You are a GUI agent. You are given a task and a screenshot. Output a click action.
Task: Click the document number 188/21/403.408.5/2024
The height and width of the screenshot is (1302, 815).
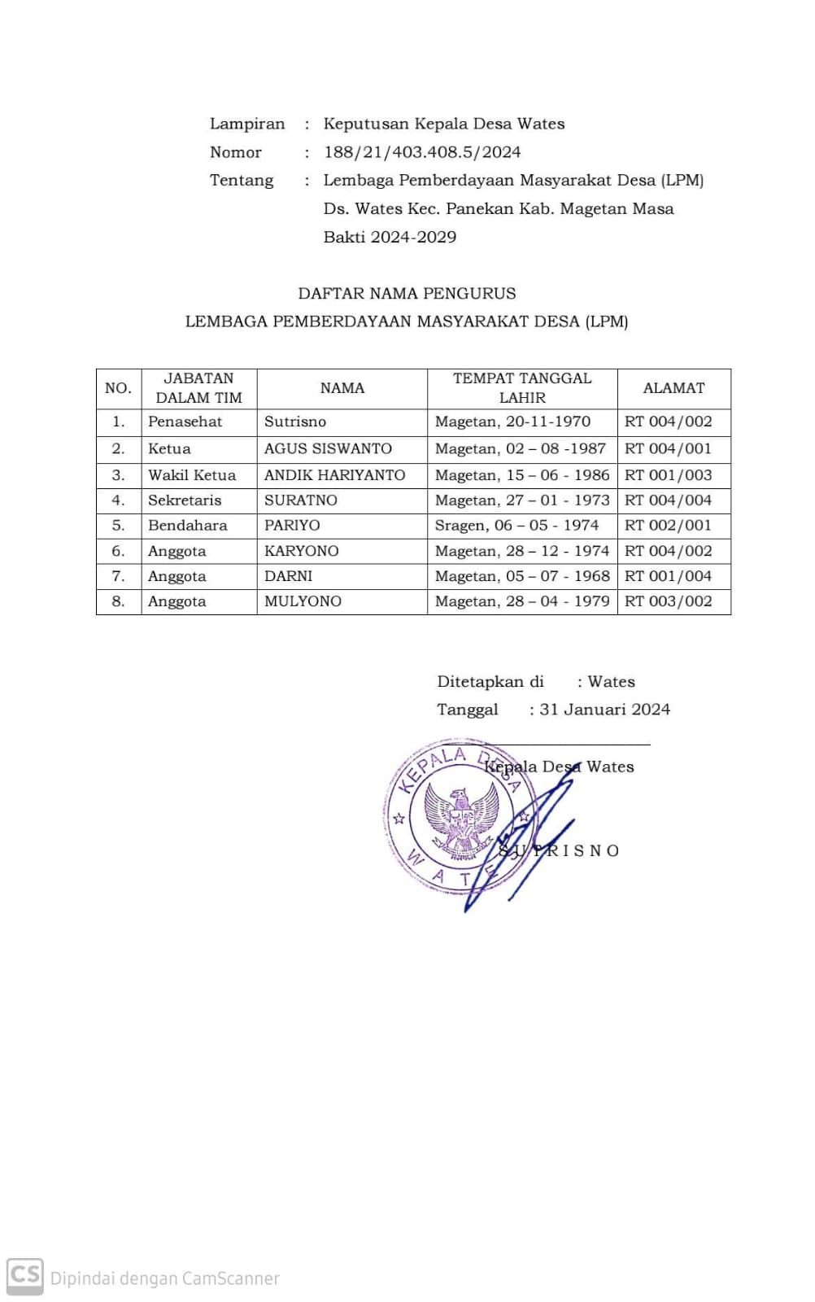coord(421,152)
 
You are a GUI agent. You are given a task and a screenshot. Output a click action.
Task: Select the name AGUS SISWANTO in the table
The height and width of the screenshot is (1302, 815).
coord(328,448)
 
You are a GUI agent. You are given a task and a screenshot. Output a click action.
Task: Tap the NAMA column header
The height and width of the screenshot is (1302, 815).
coord(342,388)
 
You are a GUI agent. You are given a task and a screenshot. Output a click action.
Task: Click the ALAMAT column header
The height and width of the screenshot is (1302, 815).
coord(673,388)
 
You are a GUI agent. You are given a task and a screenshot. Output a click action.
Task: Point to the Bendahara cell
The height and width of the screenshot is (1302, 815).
coord(188,526)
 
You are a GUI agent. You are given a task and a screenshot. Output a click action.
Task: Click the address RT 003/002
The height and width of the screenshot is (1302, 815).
coord(668,601)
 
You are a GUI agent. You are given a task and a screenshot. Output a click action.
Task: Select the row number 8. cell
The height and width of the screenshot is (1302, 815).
coord(119,601)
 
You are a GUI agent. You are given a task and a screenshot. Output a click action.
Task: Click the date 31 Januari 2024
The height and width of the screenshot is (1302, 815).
coord(604,710)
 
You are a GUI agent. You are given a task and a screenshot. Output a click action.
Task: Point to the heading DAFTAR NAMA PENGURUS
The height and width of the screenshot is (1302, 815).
coord(407,294)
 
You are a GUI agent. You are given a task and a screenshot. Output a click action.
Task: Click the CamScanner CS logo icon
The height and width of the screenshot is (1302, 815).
coord(24,1275)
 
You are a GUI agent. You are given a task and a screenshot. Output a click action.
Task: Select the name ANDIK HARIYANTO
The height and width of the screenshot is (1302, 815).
coord(334,475)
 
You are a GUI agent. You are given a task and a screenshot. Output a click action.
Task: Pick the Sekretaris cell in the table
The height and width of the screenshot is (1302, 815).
coord(185,500)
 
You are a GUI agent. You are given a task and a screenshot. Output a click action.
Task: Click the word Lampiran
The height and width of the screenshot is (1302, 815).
coord(247,125)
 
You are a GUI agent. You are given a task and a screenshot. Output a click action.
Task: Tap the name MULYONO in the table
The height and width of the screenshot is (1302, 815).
coord(303,601)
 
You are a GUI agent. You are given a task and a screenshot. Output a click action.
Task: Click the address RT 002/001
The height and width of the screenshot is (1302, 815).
coord(668,526)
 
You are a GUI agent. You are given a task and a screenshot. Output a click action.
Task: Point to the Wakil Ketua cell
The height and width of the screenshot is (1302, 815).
coord(192,475)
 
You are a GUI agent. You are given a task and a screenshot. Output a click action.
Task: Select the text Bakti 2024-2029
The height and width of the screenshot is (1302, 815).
coord(390,238)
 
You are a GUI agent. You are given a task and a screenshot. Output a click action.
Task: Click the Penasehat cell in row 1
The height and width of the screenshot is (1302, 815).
coord(185,422)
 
